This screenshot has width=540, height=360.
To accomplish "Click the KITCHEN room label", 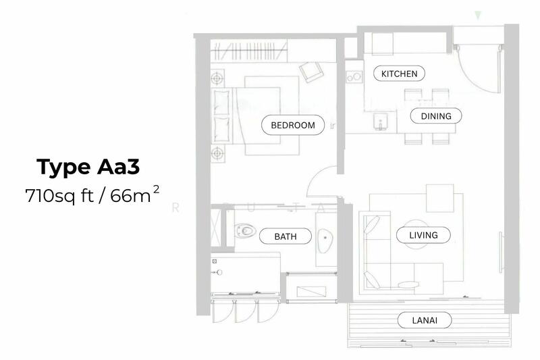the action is [399, 74].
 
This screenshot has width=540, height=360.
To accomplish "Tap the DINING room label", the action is [436, 116].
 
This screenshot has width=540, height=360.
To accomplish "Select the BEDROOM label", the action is [293, 125].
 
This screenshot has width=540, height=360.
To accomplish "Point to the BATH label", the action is [285, 236].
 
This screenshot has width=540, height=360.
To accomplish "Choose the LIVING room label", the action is [423, 235].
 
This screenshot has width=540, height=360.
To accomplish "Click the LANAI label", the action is [425, 320].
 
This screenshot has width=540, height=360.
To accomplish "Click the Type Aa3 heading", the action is [88, 168].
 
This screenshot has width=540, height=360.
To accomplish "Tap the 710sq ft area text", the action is [59, 196].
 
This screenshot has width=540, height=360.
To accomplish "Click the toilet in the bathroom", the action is [245, 230].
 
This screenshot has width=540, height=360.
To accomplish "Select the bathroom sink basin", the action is [325, 237].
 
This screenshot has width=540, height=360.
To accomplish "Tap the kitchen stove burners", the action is [354, 76].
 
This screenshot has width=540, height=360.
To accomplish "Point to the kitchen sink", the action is [380, 122].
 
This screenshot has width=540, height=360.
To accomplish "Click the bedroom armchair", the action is [311, 72].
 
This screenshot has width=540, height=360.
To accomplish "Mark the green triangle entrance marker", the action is [478, 15].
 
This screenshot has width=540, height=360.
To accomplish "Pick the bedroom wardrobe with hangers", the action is [248, 51].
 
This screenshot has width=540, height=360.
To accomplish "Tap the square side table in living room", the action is [440, 198].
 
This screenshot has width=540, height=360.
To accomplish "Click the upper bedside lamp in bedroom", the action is [217, 78].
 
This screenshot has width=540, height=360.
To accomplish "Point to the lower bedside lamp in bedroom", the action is [217, 153].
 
